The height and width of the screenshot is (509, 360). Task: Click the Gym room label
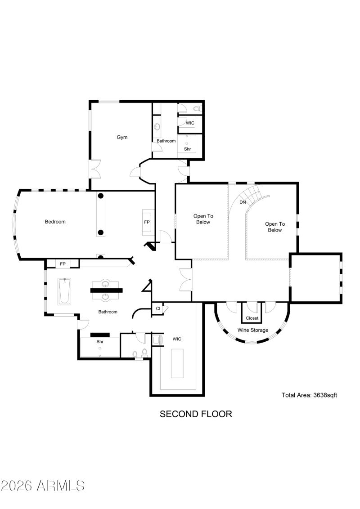point(122,137)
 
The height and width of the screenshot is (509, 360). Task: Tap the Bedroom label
point(55,222)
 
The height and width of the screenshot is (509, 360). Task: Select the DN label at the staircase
point(243,202)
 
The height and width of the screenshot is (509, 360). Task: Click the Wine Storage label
point(253,330)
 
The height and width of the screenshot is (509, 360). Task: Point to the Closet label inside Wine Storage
point(252,318)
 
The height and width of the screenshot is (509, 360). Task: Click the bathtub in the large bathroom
point(64,291)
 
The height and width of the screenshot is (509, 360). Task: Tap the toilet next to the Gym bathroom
point(196,108)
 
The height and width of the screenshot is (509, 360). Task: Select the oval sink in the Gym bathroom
point(157,127)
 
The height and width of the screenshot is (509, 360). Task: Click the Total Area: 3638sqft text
point(309,395)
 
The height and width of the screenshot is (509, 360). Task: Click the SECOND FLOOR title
point(196,414)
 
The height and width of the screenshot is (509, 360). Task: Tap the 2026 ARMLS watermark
point(43,486)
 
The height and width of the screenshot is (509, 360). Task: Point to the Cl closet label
point(158,309)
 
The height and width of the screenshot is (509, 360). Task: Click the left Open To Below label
point(202,219)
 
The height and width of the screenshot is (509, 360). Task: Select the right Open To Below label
point(274,227)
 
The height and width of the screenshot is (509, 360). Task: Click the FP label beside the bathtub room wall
point(63,263)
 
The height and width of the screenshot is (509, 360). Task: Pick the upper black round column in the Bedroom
point(101,196)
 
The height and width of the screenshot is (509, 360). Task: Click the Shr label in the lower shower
point(100,342)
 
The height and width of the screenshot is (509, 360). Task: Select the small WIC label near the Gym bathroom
point(190,123)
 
